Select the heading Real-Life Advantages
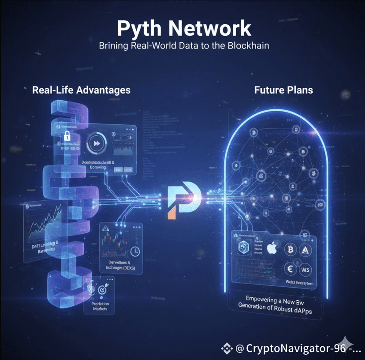click(x=82, y=90)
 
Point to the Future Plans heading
click(x=283, y=90)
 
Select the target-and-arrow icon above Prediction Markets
click(x=101, y=290)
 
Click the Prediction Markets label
click(x=100, y=306)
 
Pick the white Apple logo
click(x=271, y=248)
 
